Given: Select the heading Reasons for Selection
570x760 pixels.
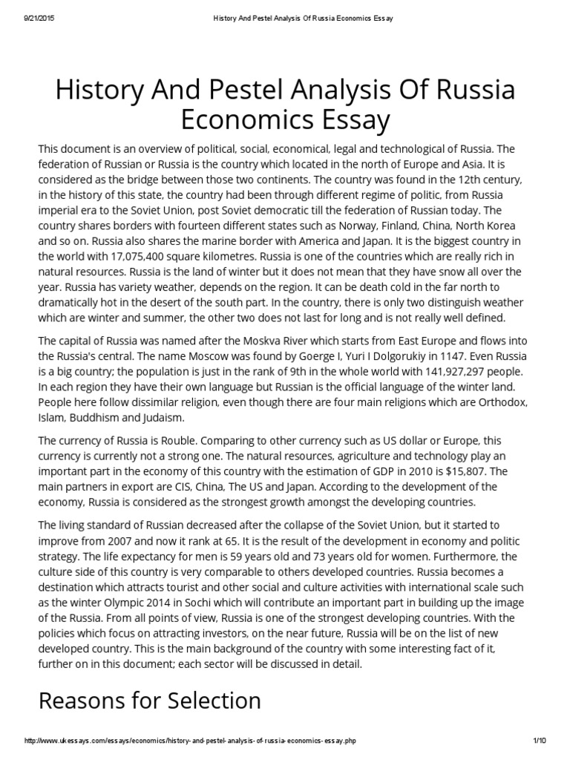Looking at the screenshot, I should coord(149,700).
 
